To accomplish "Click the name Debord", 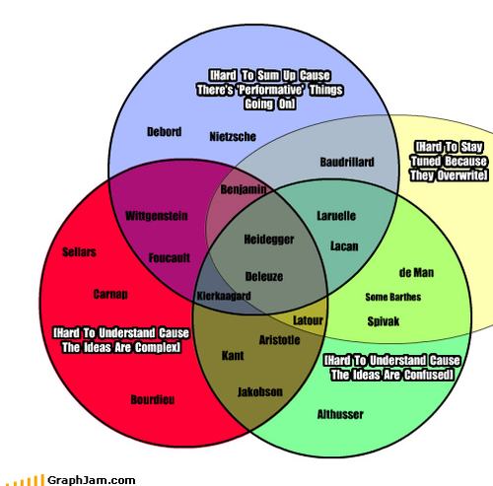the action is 164,132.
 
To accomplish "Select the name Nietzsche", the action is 233,137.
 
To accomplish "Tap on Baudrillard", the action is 347,162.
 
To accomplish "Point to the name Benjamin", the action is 244,189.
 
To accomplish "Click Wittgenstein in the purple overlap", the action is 157,216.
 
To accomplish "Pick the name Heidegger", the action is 269,240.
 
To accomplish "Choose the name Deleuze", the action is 264,276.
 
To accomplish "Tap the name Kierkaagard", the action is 224,296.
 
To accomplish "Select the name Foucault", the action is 170,258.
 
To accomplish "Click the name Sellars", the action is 79,252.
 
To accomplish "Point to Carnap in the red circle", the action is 110,294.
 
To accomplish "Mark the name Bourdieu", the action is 153,400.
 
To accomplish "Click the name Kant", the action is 233,356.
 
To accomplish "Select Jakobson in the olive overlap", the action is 260,392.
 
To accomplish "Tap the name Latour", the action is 308,320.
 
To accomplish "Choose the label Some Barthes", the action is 393,297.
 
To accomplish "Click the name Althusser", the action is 340,414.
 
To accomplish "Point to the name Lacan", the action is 344,246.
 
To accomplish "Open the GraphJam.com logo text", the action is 92,480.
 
